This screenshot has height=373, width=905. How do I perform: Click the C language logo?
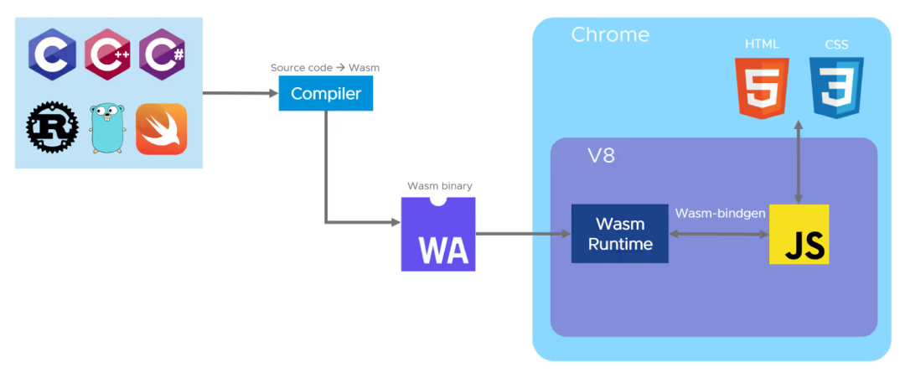(52, 54)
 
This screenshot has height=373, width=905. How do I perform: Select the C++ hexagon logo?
(107, 54)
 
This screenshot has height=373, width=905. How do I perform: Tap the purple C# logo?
(163, 54)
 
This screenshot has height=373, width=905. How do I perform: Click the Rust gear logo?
(52, 129)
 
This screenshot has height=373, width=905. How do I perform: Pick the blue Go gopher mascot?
(107, 129)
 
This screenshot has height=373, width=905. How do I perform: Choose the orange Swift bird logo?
(162, 129)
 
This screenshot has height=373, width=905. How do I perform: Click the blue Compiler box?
(325, 93)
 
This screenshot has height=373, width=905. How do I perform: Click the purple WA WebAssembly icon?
(438, 234)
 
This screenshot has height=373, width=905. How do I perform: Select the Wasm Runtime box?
(620, 234)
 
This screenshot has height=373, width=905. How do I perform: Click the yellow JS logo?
(799, 235)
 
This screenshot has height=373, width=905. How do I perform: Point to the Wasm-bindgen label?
(720, 214)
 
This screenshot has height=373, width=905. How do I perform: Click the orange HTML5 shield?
(762, 88)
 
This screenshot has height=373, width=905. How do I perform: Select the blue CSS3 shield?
(836, 88)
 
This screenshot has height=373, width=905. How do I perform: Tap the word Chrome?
(610, 34)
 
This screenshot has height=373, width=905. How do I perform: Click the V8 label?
(601, 157)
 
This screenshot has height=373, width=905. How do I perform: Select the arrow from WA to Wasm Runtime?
(523, 234)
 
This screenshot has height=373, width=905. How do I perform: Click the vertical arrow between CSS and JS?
(799, 162)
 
